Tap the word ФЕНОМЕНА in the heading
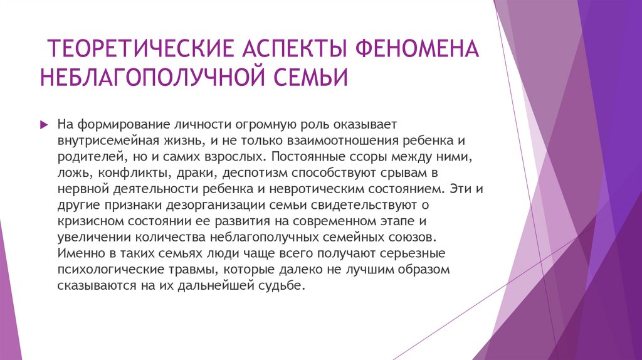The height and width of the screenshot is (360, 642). point(419,48)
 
